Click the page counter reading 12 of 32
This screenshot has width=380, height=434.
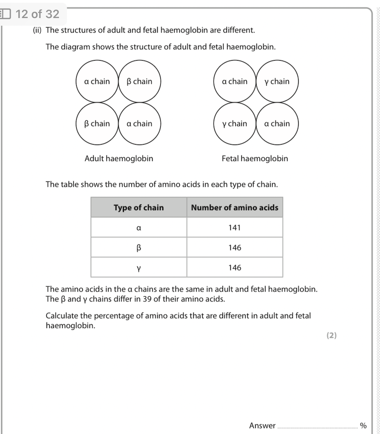37,14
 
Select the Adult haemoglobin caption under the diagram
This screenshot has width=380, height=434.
119,159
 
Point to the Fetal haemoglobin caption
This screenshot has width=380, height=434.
254,159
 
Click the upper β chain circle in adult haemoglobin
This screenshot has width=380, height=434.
140,81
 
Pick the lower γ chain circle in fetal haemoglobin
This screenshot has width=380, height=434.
235,124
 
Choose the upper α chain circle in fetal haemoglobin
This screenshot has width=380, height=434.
235,81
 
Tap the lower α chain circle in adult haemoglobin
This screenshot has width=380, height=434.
140,124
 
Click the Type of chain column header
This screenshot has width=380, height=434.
139,208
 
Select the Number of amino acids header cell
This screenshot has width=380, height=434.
235,208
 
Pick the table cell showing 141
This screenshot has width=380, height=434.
235,228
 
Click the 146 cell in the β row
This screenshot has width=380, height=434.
235,248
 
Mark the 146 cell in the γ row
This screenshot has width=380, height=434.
235,267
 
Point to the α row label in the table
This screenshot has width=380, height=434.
139,228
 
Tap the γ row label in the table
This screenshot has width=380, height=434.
139,268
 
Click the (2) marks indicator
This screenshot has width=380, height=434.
331,336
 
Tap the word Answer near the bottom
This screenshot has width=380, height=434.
262,426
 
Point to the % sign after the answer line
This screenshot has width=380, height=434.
363,426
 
